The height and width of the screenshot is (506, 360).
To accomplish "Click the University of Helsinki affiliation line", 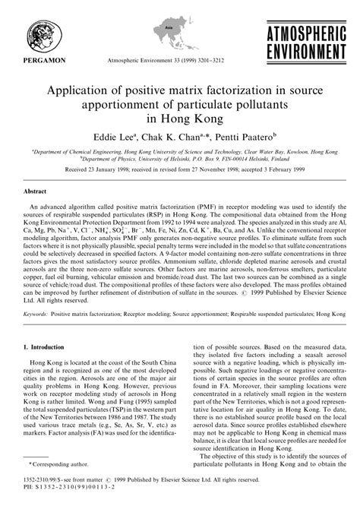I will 179,160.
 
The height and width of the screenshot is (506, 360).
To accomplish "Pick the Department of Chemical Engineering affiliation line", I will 179,152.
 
